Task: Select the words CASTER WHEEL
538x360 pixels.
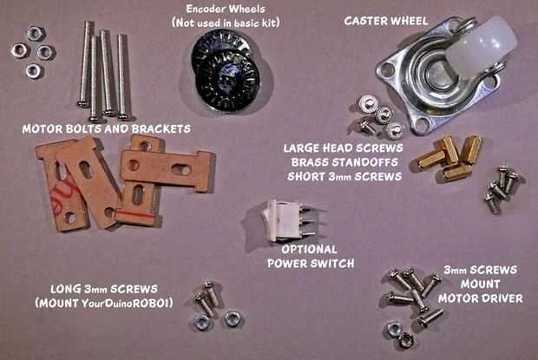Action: tap(386, 21)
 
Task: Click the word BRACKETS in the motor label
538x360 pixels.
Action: tap(161, 129)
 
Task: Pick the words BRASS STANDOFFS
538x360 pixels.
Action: tap(344, 162)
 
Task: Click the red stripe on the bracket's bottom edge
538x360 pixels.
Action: tap(134, 216)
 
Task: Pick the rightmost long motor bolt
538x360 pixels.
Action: tap(123, 77)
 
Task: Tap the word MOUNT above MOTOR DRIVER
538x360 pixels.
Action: tap(481, 285)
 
